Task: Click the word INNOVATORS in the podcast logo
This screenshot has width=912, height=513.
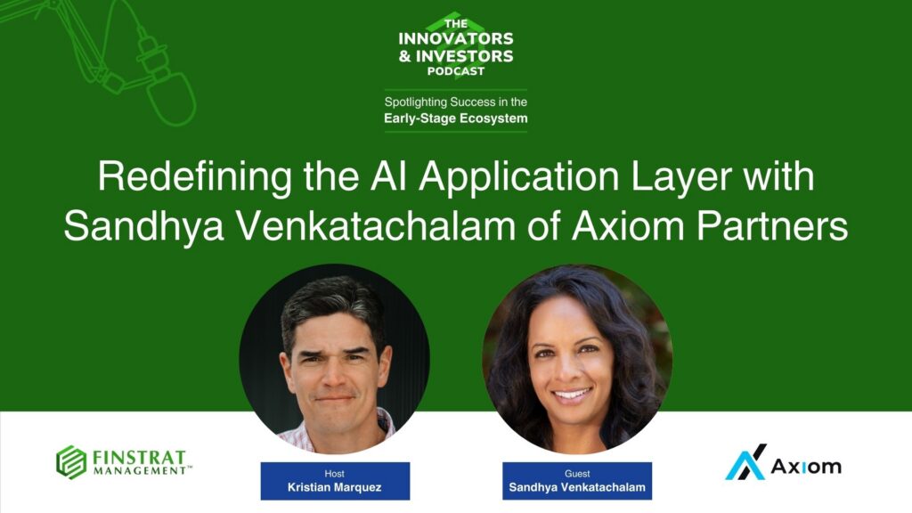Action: tap(455, 39)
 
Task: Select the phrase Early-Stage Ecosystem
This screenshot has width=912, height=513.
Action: tap(455, 118)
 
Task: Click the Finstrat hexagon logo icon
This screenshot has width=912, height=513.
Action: tap(71, 462)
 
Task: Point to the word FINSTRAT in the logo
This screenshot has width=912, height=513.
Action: tap(138, 456)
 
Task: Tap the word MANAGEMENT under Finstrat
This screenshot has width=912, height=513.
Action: tap(141, 470)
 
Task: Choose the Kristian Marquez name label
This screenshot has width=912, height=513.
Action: tap(335, 487)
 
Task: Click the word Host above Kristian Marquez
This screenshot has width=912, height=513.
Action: tap(335, 474)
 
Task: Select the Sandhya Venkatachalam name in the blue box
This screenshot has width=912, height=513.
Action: tap(577, 488)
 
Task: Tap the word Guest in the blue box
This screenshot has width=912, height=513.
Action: tap(577, 474)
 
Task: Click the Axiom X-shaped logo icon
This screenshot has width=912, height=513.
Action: tap(745, 462)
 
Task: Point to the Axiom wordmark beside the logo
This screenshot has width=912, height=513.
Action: tap(805, 466)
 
